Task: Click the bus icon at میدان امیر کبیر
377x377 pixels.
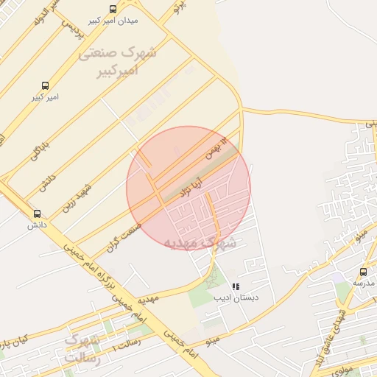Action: (x=113, y=9)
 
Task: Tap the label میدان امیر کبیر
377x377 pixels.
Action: (x=113, y=21)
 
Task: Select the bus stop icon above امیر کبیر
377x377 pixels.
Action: (x=46, y=85)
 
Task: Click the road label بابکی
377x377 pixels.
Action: (x=38, y=148)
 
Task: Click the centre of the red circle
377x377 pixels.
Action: (x=188, y=188)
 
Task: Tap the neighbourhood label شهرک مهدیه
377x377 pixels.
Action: (x=200, y=242)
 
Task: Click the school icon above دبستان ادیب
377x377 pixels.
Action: (x=236, y=286)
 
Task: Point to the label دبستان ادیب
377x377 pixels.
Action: (x=233, y=298)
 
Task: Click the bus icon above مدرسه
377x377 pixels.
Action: (x=364, y=272)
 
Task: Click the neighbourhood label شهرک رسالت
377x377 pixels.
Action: (x=82, y=348)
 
